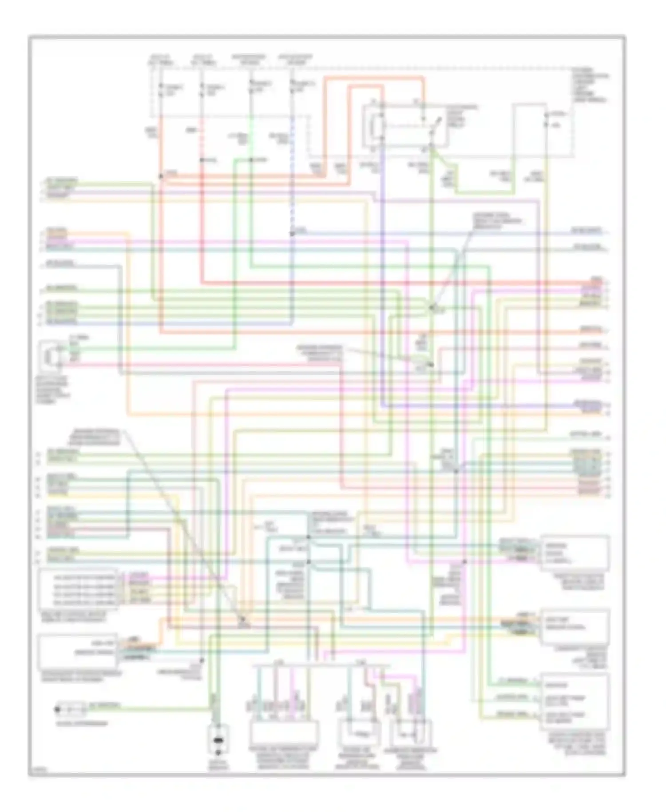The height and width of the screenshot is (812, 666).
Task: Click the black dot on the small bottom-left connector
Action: click(x=57, y=709)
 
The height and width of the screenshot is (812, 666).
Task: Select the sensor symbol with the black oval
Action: click(x=218, y=740)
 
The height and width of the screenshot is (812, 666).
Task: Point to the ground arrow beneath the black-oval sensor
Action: click(x=218, y=752)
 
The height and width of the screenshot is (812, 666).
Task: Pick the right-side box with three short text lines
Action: click(x=575, y=553)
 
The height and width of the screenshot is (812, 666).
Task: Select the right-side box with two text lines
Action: click(x=575, y=626)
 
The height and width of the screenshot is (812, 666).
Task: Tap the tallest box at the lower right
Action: click(x=575, y=702)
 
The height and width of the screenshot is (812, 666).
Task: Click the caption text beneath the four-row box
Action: click(x=73, y=617)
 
